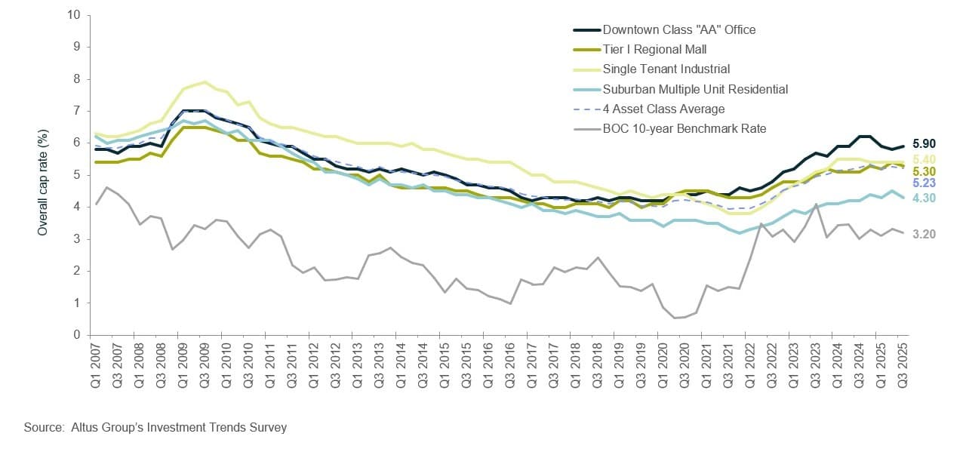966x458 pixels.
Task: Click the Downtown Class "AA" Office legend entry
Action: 679,30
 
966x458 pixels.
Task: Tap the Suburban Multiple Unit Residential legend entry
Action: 695,89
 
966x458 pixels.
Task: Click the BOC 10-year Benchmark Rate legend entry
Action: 685,128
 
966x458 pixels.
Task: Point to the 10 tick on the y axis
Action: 73,14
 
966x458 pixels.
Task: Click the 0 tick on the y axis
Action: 77,335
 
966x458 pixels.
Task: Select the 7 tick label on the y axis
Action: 77,111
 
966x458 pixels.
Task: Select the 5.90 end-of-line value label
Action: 924,143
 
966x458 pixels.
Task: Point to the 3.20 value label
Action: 924,235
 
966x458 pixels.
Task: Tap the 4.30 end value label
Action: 924,198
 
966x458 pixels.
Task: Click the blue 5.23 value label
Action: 924,183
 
